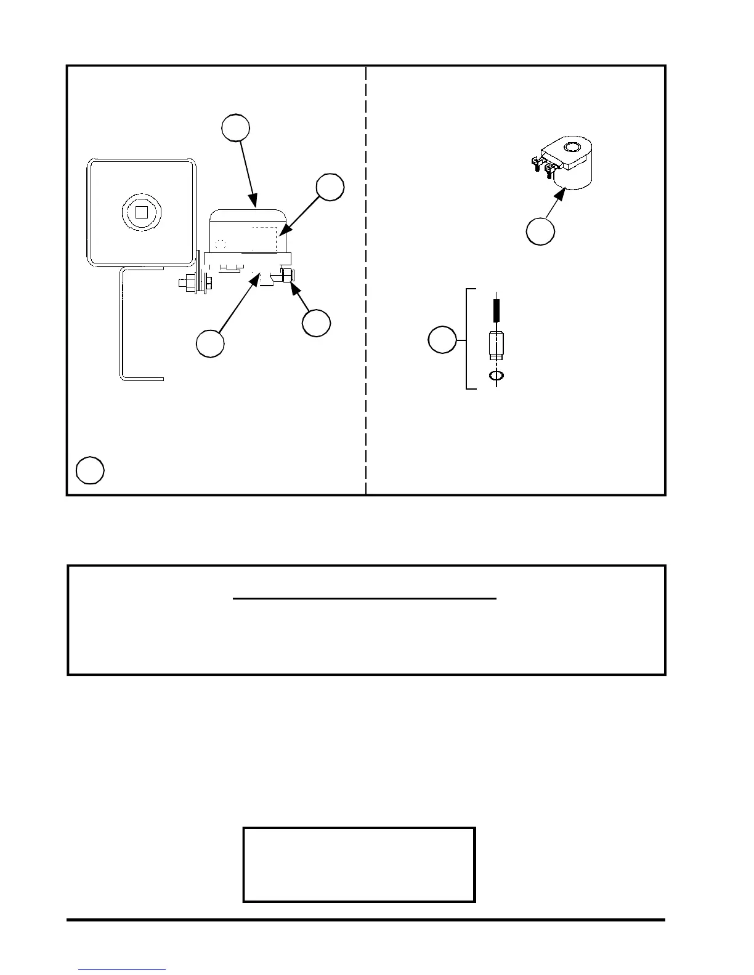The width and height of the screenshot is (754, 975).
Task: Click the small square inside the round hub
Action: (142, 212)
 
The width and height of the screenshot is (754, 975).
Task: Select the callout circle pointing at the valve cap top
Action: (236, 127)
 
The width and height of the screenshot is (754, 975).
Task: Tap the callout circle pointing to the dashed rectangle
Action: (330, 187)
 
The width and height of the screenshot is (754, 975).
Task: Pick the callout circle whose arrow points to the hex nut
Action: (316, 323)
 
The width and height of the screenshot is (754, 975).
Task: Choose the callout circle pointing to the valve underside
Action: (210, 343)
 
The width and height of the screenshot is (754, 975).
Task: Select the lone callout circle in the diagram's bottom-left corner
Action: (90, 470)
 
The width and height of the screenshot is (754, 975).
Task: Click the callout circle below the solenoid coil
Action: (540, 231)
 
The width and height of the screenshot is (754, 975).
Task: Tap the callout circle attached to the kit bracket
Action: (442, 340)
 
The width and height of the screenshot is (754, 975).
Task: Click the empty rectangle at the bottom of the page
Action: (359, 865)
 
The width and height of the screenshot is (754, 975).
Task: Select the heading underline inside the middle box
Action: (365, 598)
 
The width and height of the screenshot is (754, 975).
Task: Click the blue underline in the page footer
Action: (122, 970)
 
